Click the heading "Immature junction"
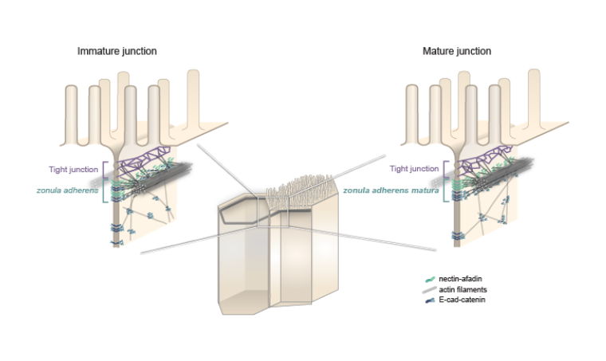pos(116,51)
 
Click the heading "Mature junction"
pos(457,51)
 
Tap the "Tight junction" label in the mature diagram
pos(414,169)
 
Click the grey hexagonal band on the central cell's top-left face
pos(239,209)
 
